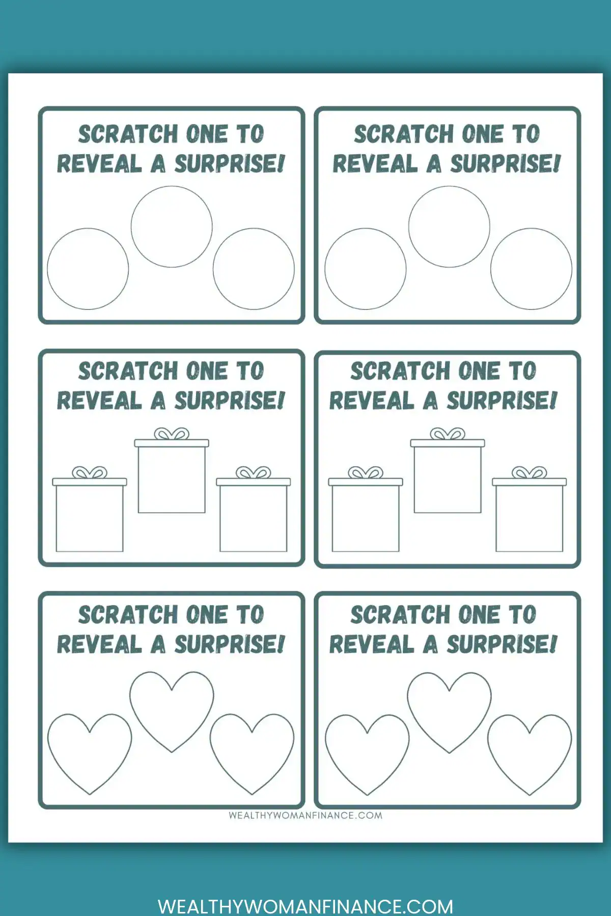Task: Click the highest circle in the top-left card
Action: tap(172, 186)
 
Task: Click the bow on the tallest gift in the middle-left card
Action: tap(172, 434)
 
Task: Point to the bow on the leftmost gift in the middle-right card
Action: tap(366, 473)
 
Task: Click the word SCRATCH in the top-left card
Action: tap(127, 134)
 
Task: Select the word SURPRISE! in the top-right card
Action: tap(505, 164)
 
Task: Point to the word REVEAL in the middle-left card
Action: tap(99, 400)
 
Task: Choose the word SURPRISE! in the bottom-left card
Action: tap(230, 645)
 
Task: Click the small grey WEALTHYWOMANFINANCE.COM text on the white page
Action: tap(305, 815)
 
